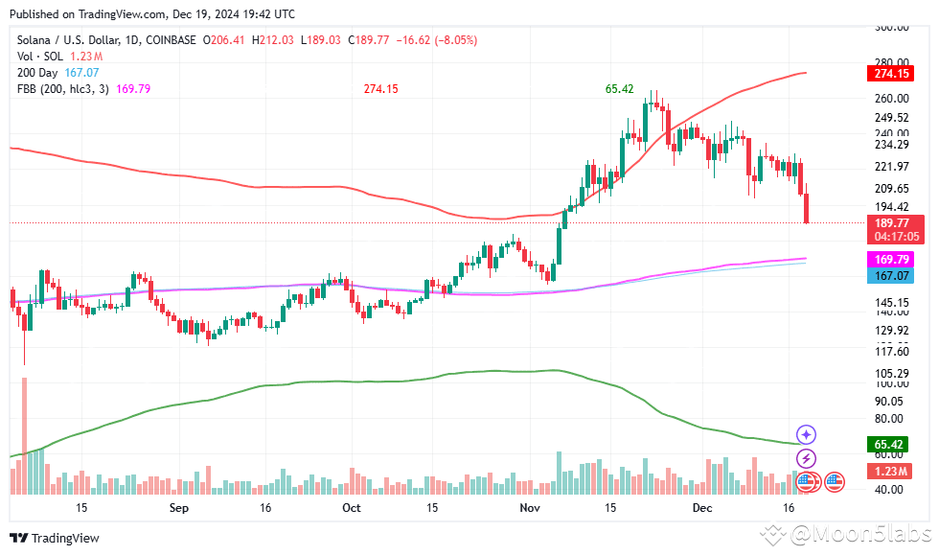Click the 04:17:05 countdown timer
coord(891,236)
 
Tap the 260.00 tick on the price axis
coord(891,98)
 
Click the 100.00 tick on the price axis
coord(891,383)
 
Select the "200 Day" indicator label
coord(37,72)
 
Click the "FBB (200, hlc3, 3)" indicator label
coord(63,88)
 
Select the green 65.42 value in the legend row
coord(619,88)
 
